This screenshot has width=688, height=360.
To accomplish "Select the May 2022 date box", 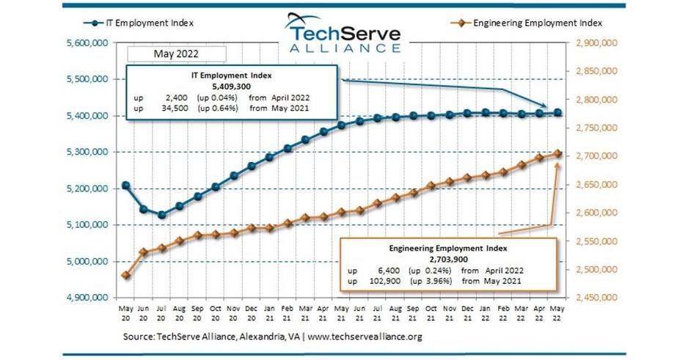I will pyautogui.click(x=175, y=54).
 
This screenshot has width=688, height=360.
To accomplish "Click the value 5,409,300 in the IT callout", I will pyautogui.click(x=232, y=86).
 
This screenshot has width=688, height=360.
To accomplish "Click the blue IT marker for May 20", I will pyautogui.click(x=126, y=185).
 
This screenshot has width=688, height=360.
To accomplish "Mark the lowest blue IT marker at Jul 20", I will pyautogui.click(x=161, y=215).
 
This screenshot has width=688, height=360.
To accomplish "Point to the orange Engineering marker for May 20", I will pyautogui.click(x=126, y=275).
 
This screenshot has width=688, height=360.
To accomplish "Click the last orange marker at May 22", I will pyautogui.click(x=557, y=153).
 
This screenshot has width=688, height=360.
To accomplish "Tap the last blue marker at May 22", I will pyautogui.click(x=557, y=112).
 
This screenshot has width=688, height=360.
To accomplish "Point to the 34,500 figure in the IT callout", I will pyautogui.click(x=173, y=108).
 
